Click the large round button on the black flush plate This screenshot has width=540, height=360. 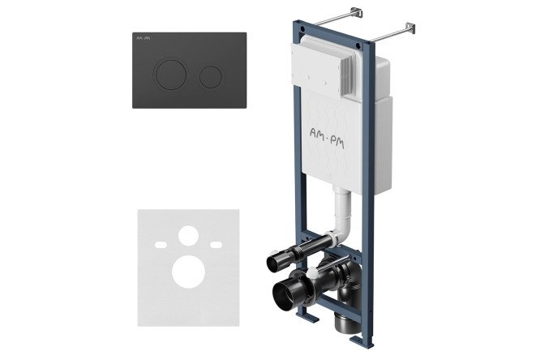(171, 75)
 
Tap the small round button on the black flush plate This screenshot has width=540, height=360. (210, 76)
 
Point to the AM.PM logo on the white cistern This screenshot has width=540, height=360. (327, 136)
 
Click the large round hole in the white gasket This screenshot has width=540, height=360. (188, 272)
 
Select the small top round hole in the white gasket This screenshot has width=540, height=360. (188, 236)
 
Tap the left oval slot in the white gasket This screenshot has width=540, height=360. (161, 245)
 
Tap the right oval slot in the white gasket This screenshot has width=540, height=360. (216, 245)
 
